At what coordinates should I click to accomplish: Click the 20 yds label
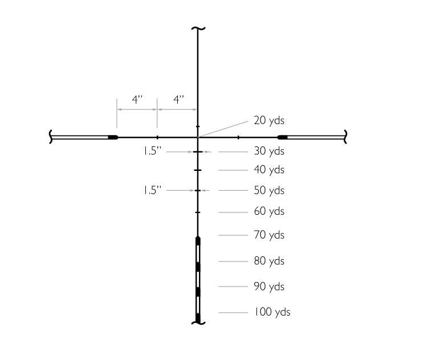pos(269,121)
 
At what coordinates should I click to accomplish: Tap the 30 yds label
pos(269,151)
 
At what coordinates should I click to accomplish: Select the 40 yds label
pos(269,170)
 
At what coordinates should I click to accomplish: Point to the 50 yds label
pos(269,190)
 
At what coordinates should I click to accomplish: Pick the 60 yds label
pos(269,211)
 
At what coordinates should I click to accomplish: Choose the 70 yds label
pos(269,235)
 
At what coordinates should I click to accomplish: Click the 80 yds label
pos(269,261)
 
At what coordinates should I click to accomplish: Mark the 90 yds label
pos(269,287)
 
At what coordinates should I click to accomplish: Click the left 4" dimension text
pos(137,99)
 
